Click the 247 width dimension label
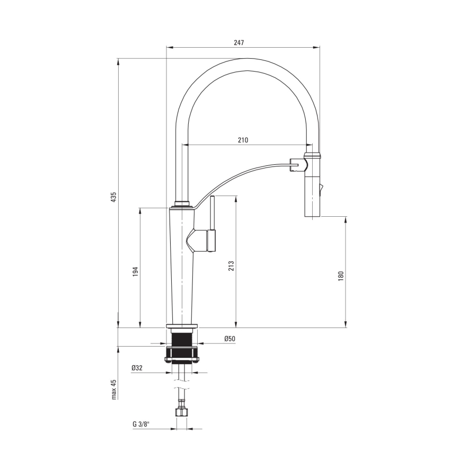coord(243,42)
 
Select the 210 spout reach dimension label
coord(243,140)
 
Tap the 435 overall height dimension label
coord(113,197)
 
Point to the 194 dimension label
coord(135,271)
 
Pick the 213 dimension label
coord(231,266)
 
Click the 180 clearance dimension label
coord(341,276)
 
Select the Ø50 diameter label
coord(229,339)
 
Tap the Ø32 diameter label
coord(137,367)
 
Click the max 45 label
coord(113,389)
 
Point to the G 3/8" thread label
coord(141,424)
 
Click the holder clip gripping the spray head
coord(297,165)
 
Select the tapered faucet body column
coord(182,265)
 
